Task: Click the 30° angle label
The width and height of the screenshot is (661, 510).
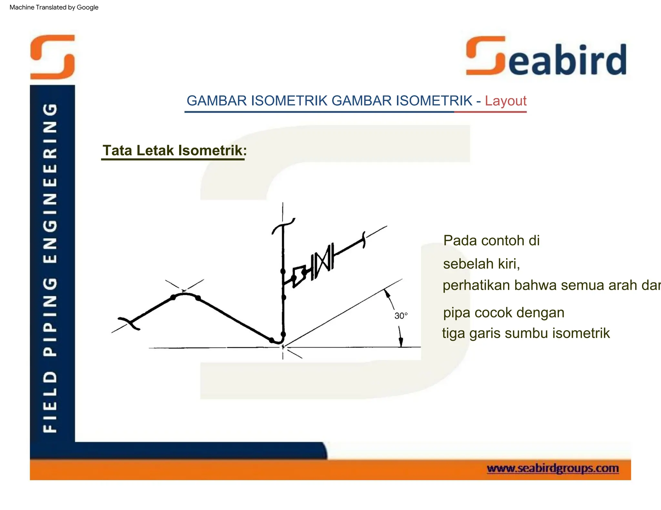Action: [401, 316]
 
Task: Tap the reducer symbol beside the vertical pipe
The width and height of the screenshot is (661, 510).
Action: [299, 276]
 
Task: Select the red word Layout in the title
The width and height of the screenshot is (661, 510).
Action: [505, 101]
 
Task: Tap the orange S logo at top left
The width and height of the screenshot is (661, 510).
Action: [53, 57]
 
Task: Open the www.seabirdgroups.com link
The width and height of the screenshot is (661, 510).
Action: [553, 468]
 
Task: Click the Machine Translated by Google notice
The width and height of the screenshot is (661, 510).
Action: [54, 7]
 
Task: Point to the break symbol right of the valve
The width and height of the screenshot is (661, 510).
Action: [364, 240]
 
